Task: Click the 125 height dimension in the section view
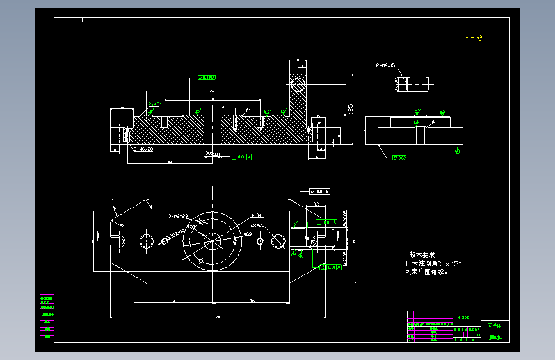click(x=351, y=109)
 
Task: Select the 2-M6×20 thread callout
click(x=143, y=149)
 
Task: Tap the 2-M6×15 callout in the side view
click(x=386, y=65)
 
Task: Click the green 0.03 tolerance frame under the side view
click(x=400, y=157)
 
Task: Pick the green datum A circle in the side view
click(x=457, y=151)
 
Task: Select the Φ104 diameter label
click(x=257, y=216)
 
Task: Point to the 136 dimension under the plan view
click(x=251, y=300)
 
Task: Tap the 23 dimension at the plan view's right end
click(x=316, y=204)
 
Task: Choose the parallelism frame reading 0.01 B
click(x=319, y=191)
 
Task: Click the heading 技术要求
click(x=422, y=254)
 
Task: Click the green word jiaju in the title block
click(x=495, y=337)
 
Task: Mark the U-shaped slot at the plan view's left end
click(x=118, y=241)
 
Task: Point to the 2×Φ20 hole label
click(x=257, y=226)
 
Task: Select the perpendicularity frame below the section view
click(x=241, y=156)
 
